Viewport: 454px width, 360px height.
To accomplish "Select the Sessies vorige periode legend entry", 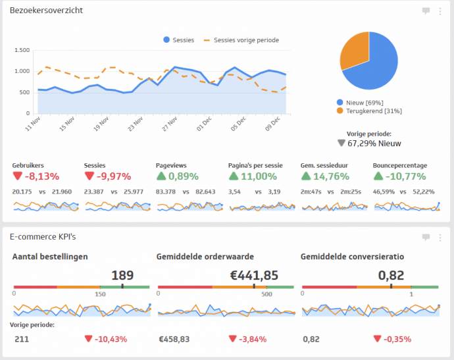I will coord(242,40).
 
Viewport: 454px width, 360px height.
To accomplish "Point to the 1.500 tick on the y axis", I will coord(22,50).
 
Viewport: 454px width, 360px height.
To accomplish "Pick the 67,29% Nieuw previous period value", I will coord(374,143).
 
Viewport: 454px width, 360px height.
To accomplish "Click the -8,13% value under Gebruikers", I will coord(42,176).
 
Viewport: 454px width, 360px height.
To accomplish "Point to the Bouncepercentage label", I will coord(399,165).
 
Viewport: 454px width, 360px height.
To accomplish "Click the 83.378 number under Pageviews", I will coord(166,192).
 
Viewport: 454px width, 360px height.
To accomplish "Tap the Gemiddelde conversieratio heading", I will coord(352,257).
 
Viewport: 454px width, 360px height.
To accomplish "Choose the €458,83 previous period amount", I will coord(174,339).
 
